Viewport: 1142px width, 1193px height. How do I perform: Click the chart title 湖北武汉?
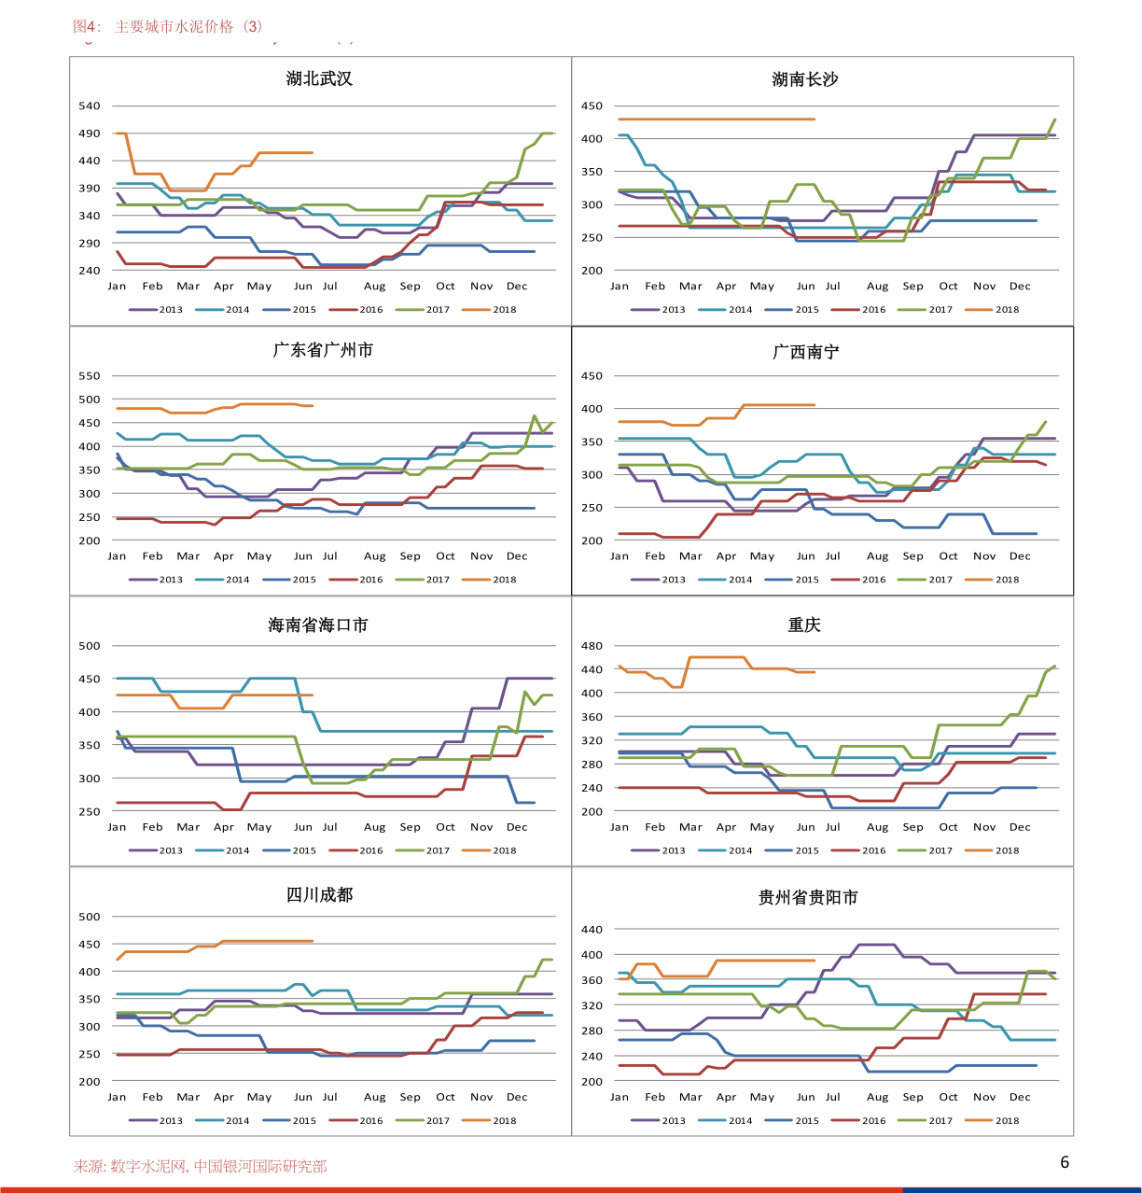click(x=319, y=79)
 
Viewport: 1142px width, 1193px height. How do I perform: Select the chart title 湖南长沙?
click(x=804, y=80)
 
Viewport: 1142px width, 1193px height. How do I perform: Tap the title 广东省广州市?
click(x=323, y=350)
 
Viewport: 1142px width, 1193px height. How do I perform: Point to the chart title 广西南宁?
click(x=805, y=352)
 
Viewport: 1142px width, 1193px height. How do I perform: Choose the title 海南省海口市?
click(x=318, y=625)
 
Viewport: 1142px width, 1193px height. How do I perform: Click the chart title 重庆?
click(x=803, y=625)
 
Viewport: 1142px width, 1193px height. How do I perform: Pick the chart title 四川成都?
click(x=319, y=895)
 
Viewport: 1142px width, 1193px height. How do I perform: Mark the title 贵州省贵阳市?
click(x=808, y=898)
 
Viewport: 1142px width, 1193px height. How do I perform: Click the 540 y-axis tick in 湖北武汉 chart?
click(x=90, y=106)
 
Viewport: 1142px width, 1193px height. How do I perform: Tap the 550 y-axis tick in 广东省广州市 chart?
click(x=90, y=376)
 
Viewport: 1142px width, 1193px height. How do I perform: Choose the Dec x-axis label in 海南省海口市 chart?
click(x=517, y=827)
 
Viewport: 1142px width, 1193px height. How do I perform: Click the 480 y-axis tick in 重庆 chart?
click(x=592, y=646)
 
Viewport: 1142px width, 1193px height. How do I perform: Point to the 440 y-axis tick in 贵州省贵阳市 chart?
click(x=592, y=930)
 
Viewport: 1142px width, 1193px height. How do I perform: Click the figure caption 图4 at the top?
click(x=168, y=27)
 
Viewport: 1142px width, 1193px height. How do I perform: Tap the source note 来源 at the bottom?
click(x=201, y=1166)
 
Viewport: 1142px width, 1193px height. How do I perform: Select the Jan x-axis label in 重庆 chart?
click(x=620, y=827)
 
